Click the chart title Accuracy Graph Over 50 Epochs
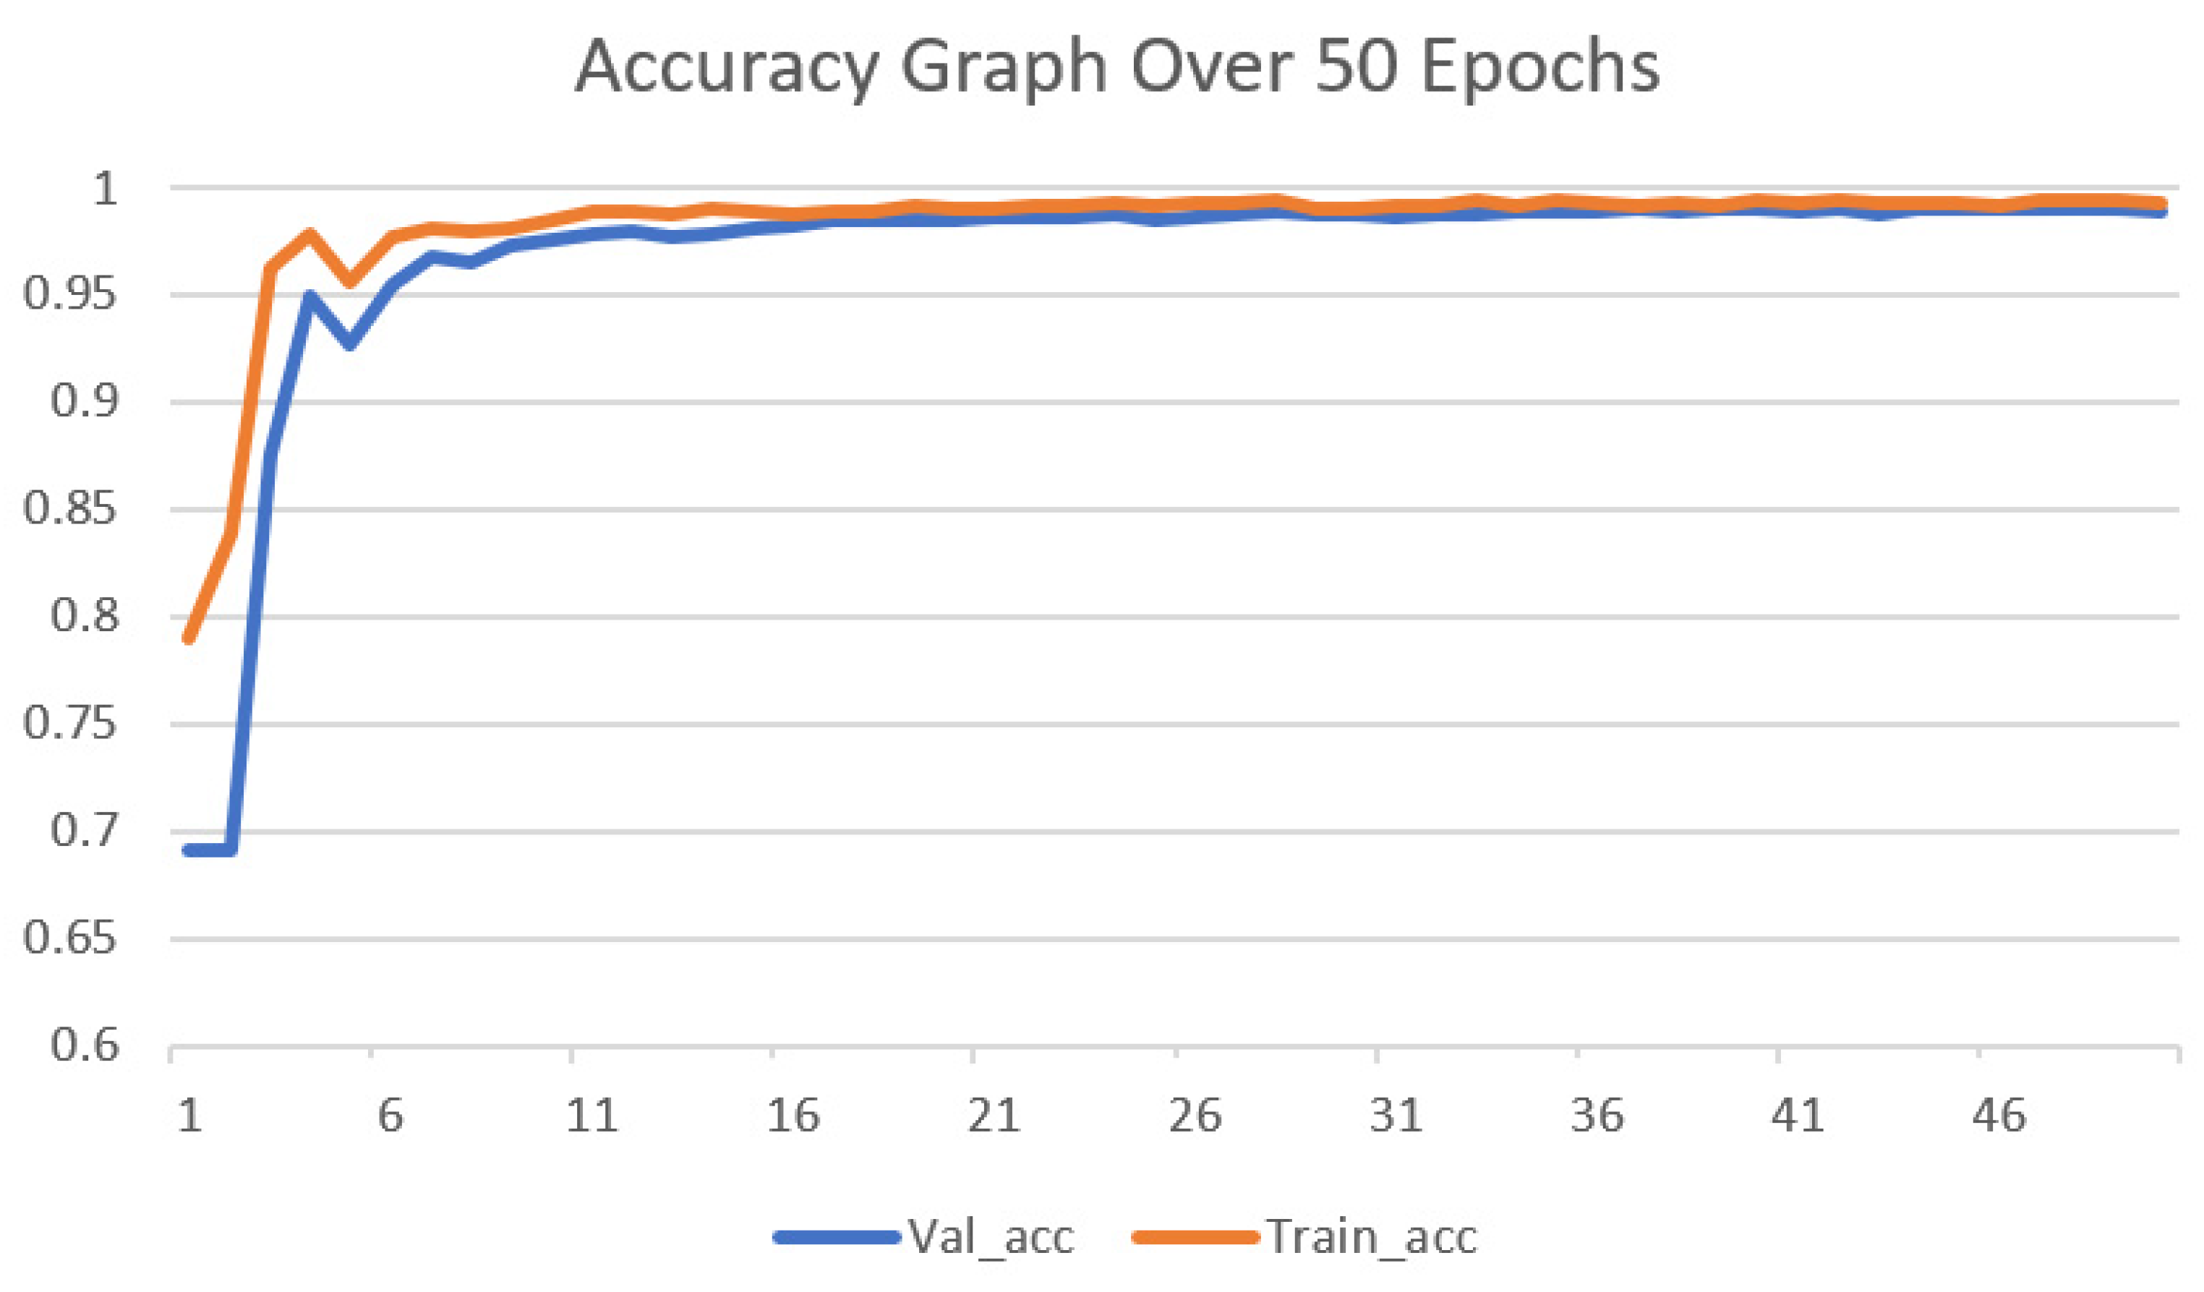[1117, 68]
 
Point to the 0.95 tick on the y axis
[69, 294]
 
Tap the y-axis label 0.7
[83, 830]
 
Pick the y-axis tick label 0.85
[69, 508]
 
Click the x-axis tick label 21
[994, 1116]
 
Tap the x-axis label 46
[1999, 1116]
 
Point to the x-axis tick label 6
[390, 1116]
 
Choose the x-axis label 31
[1396, 1116]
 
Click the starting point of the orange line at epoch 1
[189, 638]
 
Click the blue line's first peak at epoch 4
[309, 296]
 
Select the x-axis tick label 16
[793, 1116]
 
